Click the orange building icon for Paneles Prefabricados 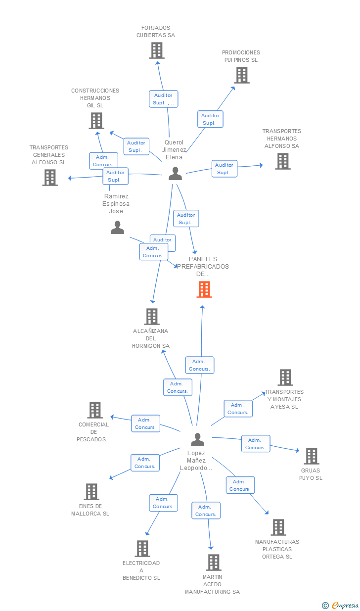[204, 289]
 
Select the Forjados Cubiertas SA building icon [157, 50]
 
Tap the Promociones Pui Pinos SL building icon [242, 75]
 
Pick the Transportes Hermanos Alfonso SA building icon [283, 161]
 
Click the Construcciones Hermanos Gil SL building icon [96, 121]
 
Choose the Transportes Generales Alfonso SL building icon [50, 178]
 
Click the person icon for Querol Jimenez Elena [175, 174]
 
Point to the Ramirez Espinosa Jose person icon [117, 228]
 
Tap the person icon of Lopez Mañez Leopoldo [197, 439]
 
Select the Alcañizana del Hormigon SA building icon [151, 317]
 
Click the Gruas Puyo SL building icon [312, 456]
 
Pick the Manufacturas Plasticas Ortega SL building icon [278, 527]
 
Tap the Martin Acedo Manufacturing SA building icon [213, 563]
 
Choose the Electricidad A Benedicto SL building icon [142, 549]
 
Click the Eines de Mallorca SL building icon [91, 492]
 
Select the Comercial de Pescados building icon [95, 410]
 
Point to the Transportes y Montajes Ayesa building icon [285, 377]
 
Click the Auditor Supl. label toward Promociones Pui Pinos [210, 119]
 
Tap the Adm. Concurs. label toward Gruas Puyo [256, 444]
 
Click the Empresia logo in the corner [341, 605]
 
